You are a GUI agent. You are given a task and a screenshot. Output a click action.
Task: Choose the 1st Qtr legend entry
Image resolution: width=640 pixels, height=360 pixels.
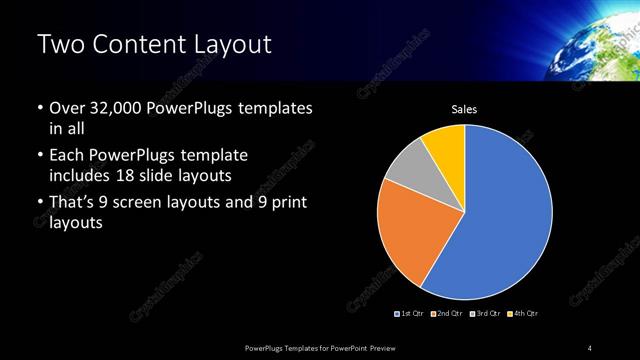click(x=411, y=314)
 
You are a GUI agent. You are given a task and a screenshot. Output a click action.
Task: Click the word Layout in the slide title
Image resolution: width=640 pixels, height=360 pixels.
click(x=225, y=44)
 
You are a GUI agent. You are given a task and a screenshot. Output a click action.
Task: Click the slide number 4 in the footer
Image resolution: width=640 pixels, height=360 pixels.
click(x=590, y=347)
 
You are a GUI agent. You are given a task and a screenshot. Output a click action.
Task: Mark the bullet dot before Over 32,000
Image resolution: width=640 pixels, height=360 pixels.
click(x=40, y=108)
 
